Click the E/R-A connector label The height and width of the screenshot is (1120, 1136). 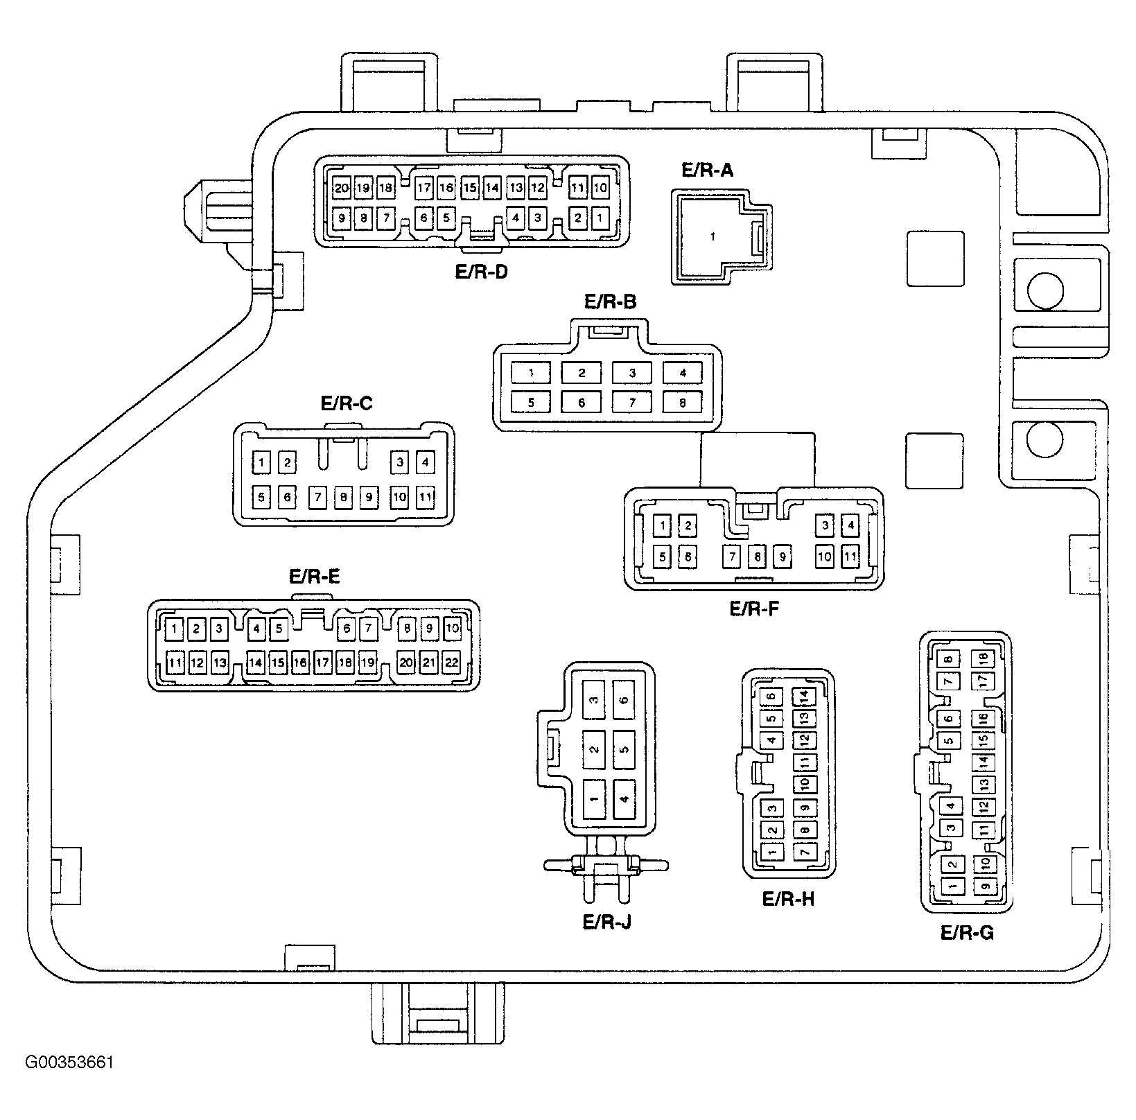click(707, 170)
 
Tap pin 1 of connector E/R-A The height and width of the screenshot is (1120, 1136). click(713, 237)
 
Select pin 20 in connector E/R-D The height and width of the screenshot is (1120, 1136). click(341, 188)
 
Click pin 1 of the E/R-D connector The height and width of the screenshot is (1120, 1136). click(600, 218)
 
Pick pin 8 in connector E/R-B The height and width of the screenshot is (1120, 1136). click(683, 402)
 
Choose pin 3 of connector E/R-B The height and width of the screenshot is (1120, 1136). click(632, 373)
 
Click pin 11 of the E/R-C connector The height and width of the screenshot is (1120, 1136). click(426, 497)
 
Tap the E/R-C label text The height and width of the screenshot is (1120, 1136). click(347, 403)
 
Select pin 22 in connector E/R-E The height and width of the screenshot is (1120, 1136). click(452, 663)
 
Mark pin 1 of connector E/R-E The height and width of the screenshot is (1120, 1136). click(174, 629)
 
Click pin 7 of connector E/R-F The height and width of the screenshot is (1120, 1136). click(733, 557)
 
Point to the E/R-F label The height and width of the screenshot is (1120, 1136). click(755, 609)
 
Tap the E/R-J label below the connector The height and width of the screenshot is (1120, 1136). click(607, 922)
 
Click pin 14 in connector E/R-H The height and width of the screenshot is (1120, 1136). click(804, 696)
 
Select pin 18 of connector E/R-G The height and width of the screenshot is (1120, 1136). click(983, 658)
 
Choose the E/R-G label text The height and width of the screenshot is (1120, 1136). click(968, 933)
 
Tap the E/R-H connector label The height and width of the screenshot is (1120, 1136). click(789, 899)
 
